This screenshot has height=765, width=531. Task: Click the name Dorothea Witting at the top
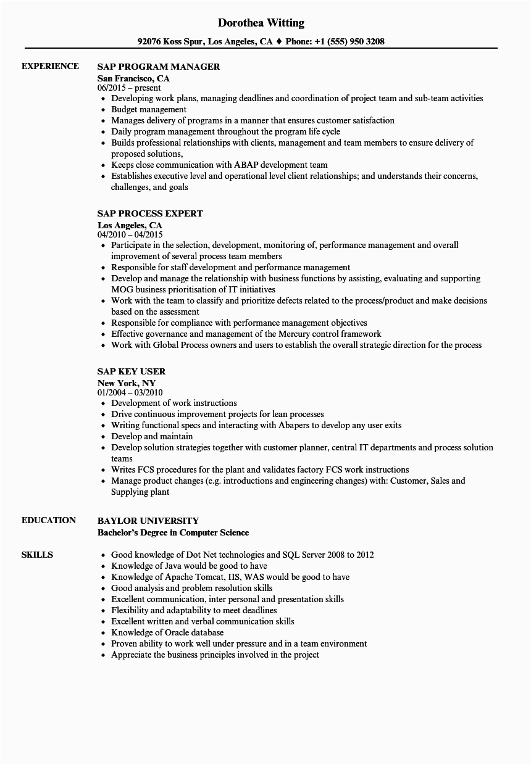(x=261, y=23)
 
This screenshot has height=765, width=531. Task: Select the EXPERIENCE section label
(x=50, y=66)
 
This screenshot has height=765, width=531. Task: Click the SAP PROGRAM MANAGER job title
(x=159, y=67)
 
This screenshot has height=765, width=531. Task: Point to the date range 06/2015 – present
(x=129, y=88)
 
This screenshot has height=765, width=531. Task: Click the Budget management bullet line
(x=149, y=109)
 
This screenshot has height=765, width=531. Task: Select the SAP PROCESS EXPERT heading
(x=150, y=213)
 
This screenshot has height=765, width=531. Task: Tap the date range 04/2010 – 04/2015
(x=130, y=235)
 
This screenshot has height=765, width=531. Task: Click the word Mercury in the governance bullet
(x=296, y=334)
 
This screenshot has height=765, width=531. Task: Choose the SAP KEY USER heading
(x=132, y=371)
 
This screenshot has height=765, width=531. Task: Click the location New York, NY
(x=127, y=382)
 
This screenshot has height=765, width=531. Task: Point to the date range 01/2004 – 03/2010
(x=130, y=392)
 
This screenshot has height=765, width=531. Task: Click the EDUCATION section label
(x=49, y=520)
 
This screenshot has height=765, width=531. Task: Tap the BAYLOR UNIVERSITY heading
(x=148, y=521)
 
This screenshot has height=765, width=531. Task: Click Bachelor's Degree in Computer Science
(x=174, y=532)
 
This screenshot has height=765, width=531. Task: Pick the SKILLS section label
(x=37, y=555)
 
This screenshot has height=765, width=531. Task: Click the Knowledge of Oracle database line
(x=167, y=632)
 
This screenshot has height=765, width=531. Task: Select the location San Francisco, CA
(x=133, y=78)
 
